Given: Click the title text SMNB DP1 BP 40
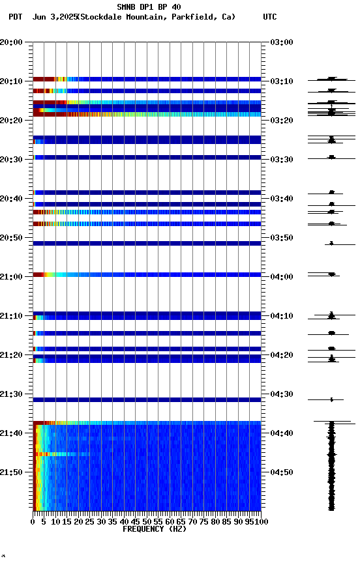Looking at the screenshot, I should coord(149,7).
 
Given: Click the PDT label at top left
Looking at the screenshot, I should coord(16,17).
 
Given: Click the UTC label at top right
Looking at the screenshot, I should coord(269,17).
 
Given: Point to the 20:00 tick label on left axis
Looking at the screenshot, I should coord(12,42).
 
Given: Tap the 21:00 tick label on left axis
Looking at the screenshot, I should coord(12,277).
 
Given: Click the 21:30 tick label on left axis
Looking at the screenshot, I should coord(12,394).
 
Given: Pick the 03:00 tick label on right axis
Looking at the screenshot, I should coord(281,42).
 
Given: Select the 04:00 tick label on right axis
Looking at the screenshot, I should coord(281,277).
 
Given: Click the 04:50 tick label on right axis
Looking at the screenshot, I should coord(281,472).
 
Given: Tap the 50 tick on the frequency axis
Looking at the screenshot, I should coord(147,521).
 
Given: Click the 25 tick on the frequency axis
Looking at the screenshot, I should coord(90,521).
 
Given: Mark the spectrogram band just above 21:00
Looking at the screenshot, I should coord(147,274).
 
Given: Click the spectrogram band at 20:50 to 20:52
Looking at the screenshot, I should coord(147,243).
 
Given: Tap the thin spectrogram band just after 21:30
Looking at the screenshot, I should coord(147,399).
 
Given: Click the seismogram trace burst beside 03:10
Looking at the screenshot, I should coord(331,79).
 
